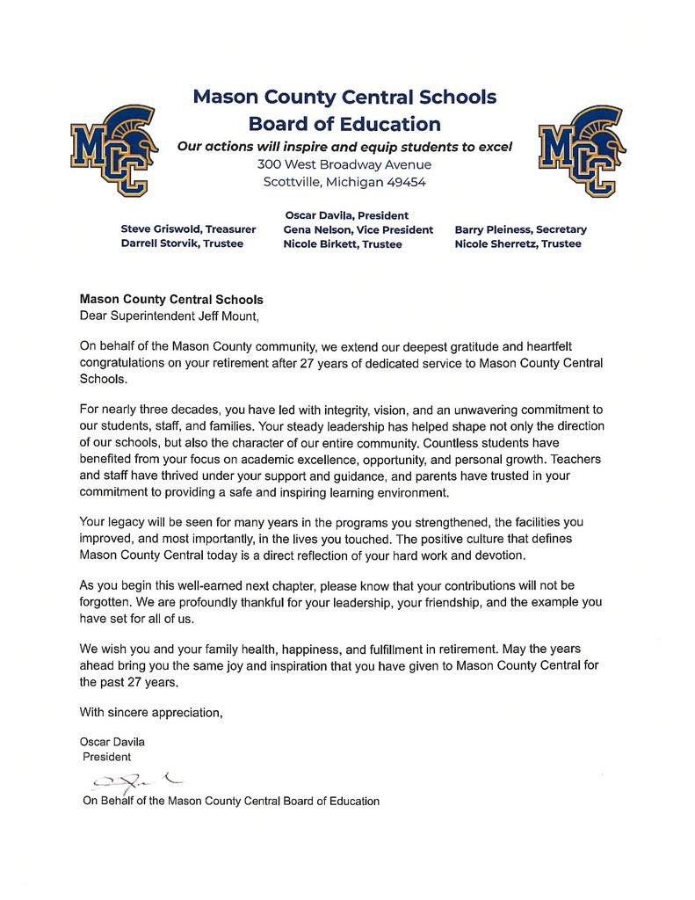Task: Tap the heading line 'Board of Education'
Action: coord(344,124)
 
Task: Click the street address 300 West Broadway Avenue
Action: coord(344,164)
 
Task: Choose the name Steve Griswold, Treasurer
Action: coord(188,229)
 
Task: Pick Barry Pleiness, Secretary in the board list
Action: coord(520,229)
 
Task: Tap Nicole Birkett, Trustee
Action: coord(342,244)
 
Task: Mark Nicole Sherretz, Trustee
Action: coord(518,243)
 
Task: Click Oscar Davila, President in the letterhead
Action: coord(347,215)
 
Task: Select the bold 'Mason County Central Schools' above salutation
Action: coord(171,299)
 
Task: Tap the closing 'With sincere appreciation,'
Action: coord(151,713)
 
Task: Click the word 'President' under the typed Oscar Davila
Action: coord(106,756)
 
